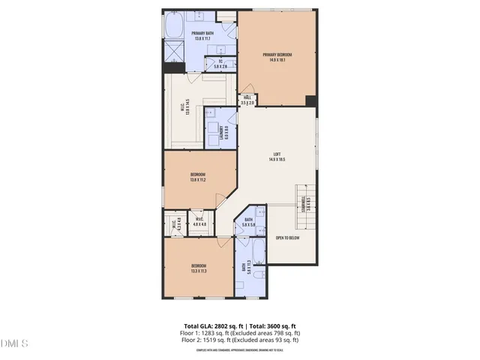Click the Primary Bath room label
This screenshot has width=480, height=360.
click(202, 35)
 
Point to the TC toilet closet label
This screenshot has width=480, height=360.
click(221, 65)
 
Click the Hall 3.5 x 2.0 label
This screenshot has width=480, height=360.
click(247, 100)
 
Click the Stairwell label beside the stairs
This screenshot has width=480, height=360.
click(305, 202)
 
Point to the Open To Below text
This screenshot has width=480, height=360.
click(288, 238)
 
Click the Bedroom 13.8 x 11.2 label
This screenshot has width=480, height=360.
click(198, 178)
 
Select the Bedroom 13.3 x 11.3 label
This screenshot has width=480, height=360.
click(199, 268)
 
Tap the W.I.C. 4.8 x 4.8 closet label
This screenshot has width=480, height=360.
click(199, 223)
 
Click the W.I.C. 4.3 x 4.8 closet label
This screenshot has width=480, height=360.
click(175, 223)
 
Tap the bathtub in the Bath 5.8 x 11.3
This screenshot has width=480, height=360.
click(258, 252)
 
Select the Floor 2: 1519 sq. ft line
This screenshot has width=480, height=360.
click(238, 340)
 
